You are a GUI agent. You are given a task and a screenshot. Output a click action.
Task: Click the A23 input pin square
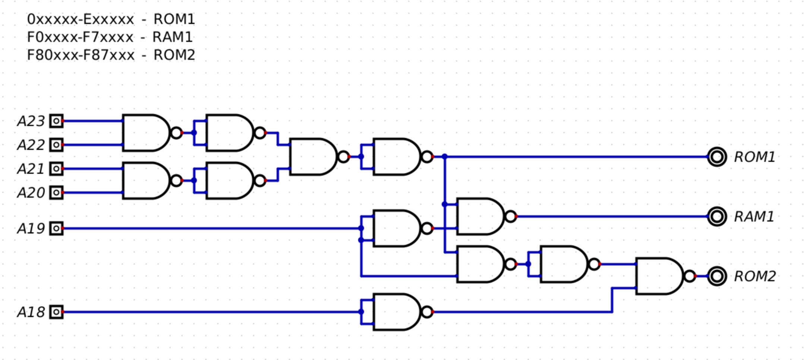[56, 121]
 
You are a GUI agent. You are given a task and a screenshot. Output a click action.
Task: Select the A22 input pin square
[56, 145]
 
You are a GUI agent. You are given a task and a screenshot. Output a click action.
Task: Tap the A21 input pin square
[56, 168]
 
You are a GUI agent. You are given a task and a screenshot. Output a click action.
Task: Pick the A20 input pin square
[56, 192]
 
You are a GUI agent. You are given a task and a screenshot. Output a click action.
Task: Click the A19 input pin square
[56, 228]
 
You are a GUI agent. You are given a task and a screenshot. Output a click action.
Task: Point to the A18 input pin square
[56, 312]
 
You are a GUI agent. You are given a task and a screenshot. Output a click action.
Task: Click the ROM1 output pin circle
[716, 157]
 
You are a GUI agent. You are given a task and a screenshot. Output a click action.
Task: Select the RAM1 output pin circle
[716, 216]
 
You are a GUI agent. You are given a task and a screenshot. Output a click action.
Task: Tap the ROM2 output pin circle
[716, 276]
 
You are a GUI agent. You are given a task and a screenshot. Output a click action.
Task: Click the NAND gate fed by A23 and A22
[147, 133]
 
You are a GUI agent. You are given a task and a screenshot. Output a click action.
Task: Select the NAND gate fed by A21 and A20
[147, 180]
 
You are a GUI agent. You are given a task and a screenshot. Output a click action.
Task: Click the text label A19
[31, 228]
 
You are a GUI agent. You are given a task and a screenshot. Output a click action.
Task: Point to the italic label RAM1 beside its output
[754, 217]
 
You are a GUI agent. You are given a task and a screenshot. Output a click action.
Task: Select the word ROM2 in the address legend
[174, 55]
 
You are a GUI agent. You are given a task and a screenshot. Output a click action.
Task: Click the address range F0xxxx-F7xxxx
[80, 37]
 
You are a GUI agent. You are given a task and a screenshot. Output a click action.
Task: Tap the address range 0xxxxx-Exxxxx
[81, 19]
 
